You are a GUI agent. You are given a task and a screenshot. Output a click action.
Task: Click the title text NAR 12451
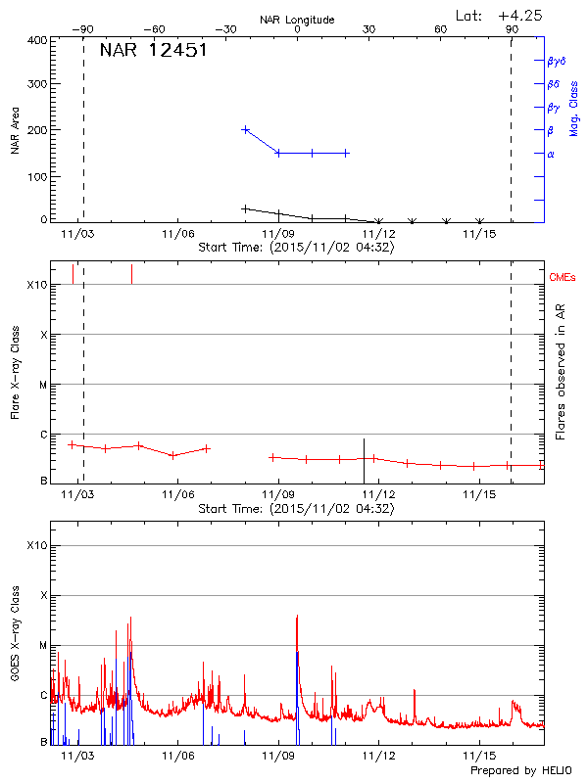pos(153,51)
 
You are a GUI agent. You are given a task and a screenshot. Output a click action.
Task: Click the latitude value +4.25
pos(520,16)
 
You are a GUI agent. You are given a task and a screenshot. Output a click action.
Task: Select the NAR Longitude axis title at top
pos(297,20)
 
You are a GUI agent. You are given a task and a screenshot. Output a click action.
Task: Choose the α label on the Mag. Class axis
pos(551,154)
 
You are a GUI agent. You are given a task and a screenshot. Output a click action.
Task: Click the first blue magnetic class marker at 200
pos(245,129)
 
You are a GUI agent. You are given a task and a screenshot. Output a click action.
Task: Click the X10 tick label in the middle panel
pos(37,285)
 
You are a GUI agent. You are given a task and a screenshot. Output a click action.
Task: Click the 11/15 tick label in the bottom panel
pos(479,757)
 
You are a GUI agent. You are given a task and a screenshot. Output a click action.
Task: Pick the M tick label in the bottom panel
pos(42,646)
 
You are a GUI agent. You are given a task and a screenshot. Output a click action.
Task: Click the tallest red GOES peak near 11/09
pos(297,617)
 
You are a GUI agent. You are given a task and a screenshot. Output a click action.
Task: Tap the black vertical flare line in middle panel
pos(365,460)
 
